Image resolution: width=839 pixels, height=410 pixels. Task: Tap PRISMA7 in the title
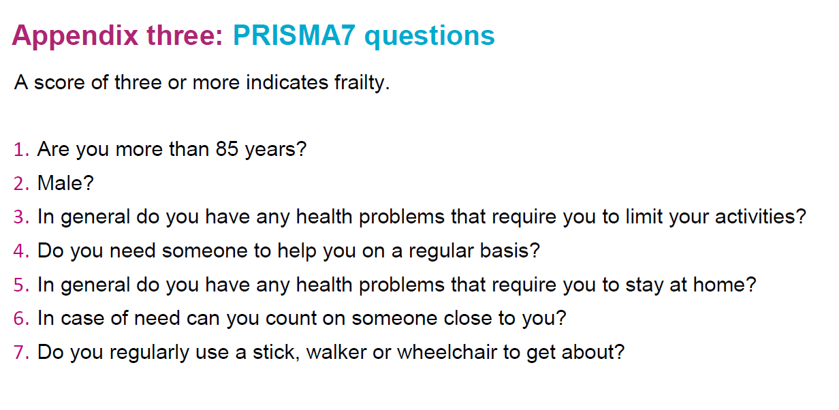[x=294, y=35]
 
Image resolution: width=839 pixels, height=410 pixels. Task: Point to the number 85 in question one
[x=227, y=149]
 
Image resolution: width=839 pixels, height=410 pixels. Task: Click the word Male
[x=61, y=183]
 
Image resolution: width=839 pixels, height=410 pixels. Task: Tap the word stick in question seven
[x=274, y=352]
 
